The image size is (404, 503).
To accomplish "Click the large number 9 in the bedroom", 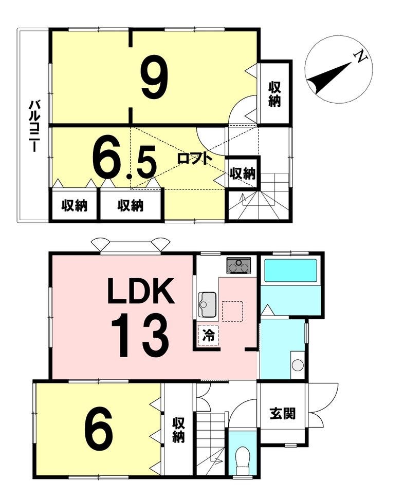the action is [x=155, y=76].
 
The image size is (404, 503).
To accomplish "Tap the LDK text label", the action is [x=141, y=291].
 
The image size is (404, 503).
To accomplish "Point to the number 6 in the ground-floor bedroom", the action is [x=98, y=429].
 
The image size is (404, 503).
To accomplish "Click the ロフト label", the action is [x=195, y=158].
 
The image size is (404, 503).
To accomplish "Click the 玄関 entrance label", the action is [x=283, y=414].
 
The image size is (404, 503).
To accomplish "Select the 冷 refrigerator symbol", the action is [x=208, y=336].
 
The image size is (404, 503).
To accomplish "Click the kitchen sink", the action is [x=207, y=304].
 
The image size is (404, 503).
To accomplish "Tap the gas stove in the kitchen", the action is [x=238, y=266].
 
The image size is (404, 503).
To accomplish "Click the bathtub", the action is [x=290, y=271].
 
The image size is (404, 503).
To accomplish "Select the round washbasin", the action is [x=298, y=365].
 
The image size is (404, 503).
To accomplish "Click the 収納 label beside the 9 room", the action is [x=275, y=94].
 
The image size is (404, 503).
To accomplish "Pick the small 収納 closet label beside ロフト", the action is [x=243, y=173].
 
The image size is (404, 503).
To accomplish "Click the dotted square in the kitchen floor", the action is [x=233, y=311].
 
